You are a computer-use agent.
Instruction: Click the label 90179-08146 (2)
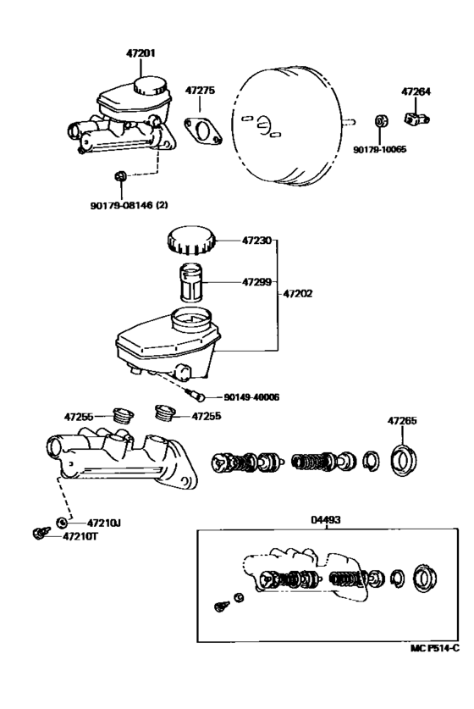(127, 204)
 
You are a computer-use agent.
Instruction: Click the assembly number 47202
(299, 292)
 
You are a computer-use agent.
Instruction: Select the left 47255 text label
(80, 416)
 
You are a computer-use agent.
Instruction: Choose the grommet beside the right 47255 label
(163, 414)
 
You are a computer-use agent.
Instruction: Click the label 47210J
(103, 523)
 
